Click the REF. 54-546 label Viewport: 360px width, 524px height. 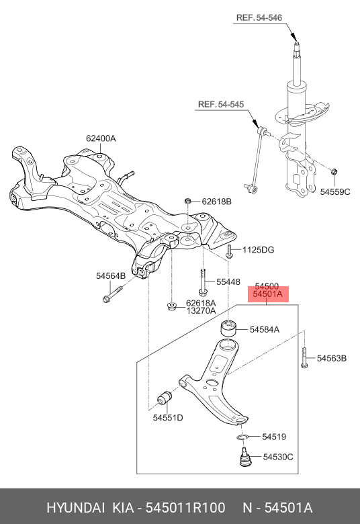coord(259,17)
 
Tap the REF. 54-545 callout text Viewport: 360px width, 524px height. coord(221,104)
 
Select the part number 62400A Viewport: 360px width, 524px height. coord(101,138)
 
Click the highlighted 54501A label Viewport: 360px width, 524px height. coord(268,294)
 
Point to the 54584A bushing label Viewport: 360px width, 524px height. coord(265,329)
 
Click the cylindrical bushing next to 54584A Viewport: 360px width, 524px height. coord(228,328)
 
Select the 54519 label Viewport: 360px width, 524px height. coord(274,437)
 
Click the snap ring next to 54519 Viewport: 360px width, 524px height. coord(242,437)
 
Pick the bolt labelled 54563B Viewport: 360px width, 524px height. coord(304,358)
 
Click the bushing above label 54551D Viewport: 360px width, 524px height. coord(165,398)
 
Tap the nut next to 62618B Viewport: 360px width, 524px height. coord(188,201)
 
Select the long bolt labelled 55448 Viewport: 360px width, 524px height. coord(204,282)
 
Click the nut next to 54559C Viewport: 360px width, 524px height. coord(334,172)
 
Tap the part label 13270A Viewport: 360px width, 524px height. coord(201,311)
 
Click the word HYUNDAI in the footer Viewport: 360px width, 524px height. coord(75,508)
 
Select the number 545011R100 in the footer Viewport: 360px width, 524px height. coord(185,508)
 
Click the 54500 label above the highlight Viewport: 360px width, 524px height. coord(267,286)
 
